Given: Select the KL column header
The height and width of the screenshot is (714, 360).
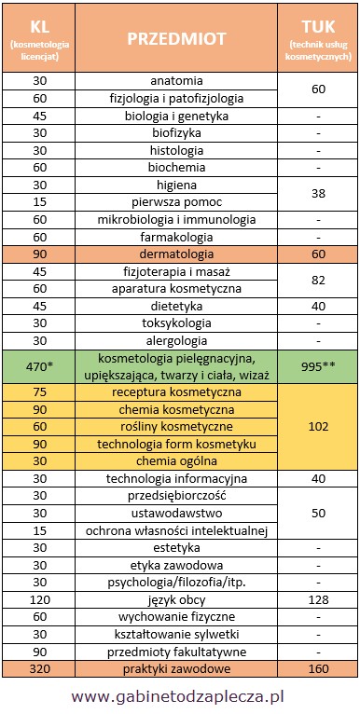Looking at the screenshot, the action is point(36,38).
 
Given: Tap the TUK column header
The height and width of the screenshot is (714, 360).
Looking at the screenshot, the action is point(319,38).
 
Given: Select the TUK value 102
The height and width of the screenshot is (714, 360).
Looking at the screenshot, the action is point(319,427).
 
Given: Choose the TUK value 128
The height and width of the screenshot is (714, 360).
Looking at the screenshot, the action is point(319,599).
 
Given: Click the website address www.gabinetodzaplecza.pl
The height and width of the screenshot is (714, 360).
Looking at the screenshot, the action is point(179,695).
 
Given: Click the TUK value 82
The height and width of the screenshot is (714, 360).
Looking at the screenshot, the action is point(319,279).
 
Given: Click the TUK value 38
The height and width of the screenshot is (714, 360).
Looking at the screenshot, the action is point(319,193).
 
